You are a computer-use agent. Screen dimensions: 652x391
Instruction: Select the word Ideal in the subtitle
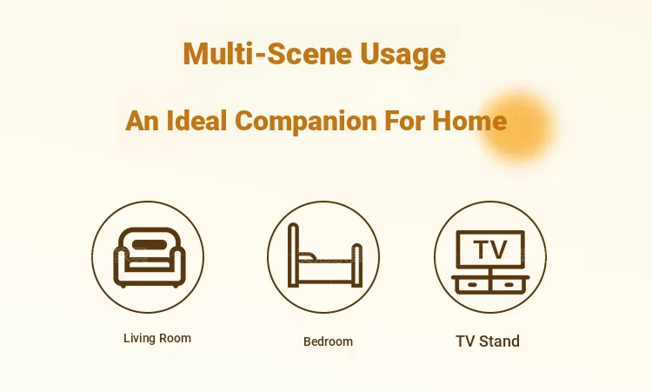197,121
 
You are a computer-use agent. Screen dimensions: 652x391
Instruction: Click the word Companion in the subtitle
306,122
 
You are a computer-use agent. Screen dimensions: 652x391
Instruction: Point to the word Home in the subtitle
469,121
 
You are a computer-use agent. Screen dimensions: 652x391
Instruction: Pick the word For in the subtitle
404,121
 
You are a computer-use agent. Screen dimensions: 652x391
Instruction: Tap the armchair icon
150,257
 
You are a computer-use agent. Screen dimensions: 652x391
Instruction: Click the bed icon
325,255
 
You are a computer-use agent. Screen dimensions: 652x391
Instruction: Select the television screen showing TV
490,249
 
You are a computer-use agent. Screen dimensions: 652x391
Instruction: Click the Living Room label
157,338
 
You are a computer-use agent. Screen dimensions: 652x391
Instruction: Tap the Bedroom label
328,341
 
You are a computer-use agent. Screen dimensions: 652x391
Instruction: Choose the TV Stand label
488,341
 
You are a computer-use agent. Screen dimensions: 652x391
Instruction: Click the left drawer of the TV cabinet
473,285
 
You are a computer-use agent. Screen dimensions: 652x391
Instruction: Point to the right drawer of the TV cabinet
509,285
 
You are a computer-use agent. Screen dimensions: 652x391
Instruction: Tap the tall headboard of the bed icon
293,255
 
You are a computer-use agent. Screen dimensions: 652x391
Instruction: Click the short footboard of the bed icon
357,266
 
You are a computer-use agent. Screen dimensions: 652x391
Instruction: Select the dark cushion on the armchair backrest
150,245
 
